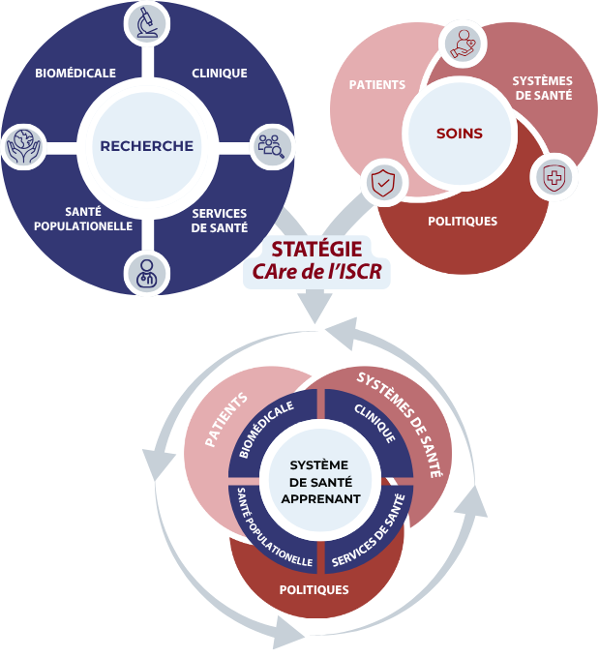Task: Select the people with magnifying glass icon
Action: pos(270,145)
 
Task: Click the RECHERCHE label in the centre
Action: pos(147,146)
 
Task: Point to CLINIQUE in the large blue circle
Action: pos(220,73)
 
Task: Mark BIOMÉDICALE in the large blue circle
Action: pos(75,73)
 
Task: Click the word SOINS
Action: pos(459,134)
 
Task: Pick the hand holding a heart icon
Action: pos(463,43)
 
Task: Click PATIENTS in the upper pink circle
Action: pos(377,85)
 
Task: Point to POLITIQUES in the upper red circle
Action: pos(463,221)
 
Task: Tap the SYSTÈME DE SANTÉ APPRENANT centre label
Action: pos(325,481)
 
